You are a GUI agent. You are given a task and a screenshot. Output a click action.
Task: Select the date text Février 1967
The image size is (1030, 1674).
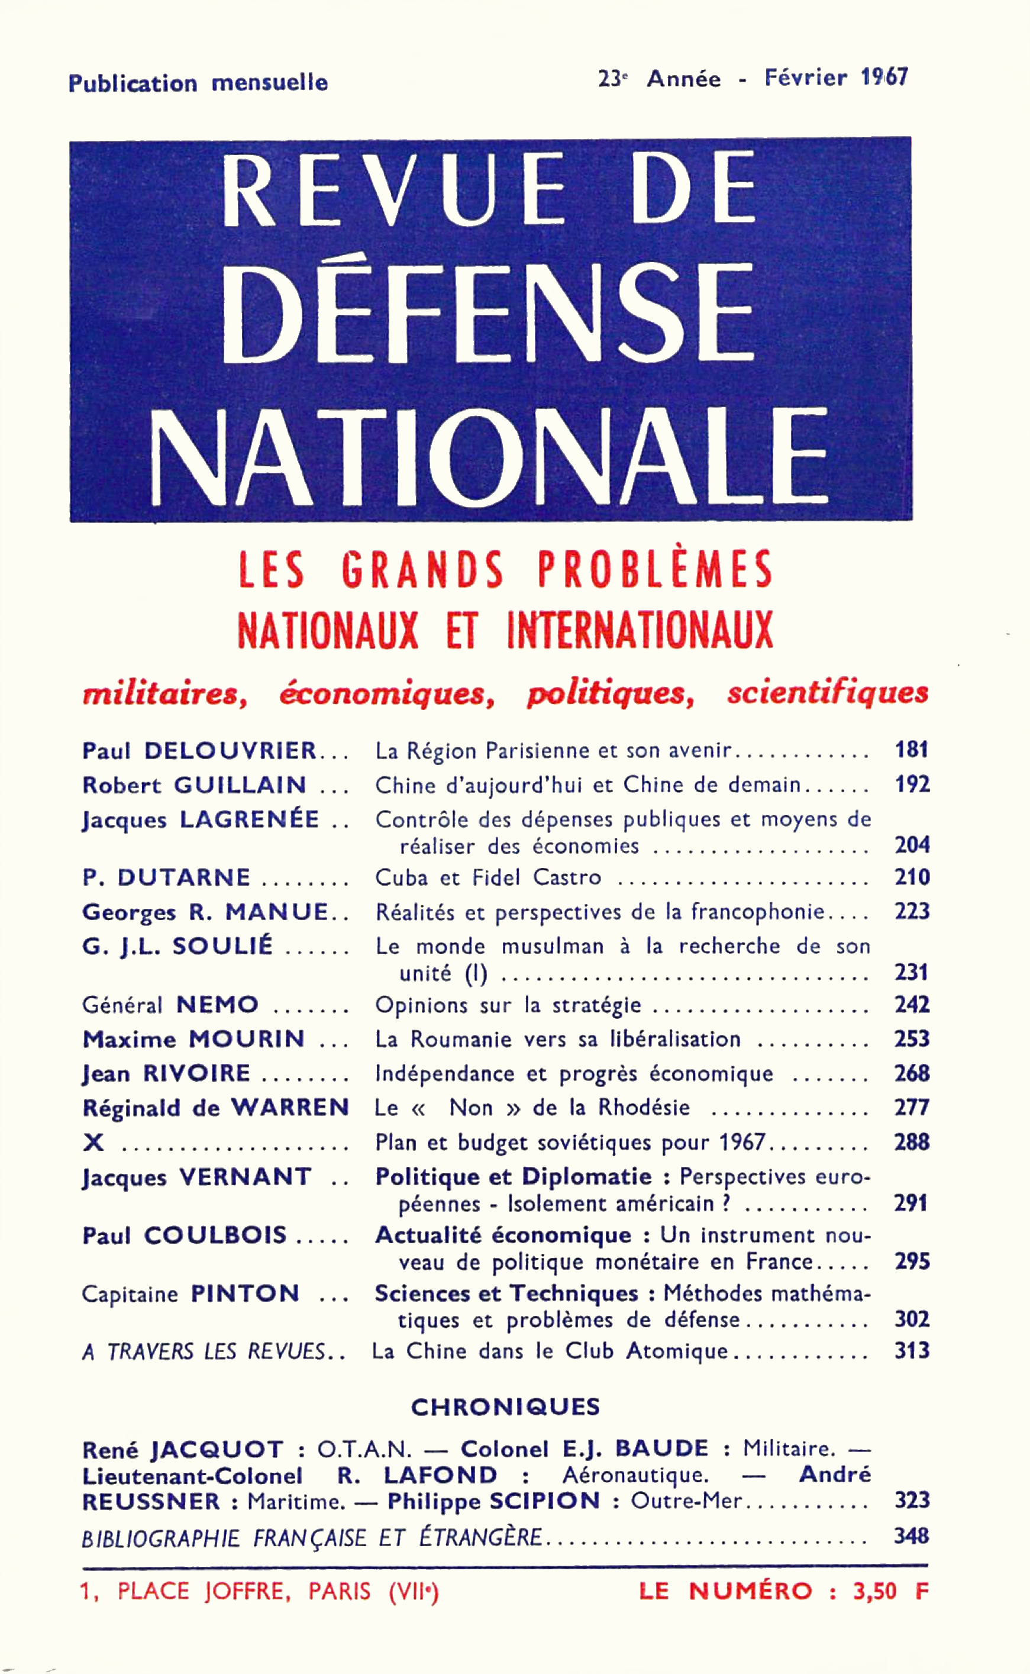(836, 78)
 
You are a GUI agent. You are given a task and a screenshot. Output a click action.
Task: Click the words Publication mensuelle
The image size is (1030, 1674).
(198, 83)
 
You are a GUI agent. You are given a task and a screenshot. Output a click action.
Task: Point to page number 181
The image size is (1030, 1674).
(912, 750)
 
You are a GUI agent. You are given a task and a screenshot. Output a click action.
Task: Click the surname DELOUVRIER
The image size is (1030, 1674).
(230, 751)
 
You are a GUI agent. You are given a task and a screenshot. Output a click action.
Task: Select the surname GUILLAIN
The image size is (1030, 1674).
(240, 785)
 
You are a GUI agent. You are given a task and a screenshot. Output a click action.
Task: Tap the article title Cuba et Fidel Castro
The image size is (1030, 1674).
(487, 877)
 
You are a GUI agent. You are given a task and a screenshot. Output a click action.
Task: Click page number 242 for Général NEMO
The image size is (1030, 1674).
(912, 1005)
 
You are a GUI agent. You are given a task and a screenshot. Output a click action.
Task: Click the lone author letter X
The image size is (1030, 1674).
(93, 1142)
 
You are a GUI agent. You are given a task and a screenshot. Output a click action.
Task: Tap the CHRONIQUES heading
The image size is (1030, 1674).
(505, 1407)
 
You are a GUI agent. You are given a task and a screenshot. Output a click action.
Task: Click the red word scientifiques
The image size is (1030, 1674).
(827, 693)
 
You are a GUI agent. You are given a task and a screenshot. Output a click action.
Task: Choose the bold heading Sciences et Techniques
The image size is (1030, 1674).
(506, 1293)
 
